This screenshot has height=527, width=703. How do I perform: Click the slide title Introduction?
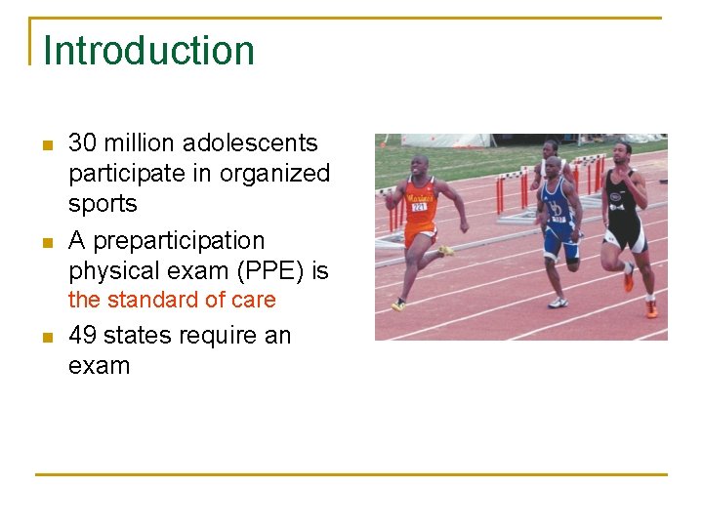148,51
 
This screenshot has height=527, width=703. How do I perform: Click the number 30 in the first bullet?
82,143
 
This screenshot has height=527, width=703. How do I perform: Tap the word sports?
103,204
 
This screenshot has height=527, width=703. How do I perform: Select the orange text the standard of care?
172,301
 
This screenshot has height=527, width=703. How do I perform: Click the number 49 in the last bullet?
82,336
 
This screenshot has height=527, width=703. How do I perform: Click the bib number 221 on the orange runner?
419,206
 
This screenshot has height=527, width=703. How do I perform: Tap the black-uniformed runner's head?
621,152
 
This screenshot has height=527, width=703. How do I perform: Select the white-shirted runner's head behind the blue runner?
551,147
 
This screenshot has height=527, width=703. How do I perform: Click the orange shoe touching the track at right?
651,309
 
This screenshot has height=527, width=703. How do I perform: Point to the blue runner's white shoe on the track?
558,303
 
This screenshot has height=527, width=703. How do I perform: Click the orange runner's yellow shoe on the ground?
398,305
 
